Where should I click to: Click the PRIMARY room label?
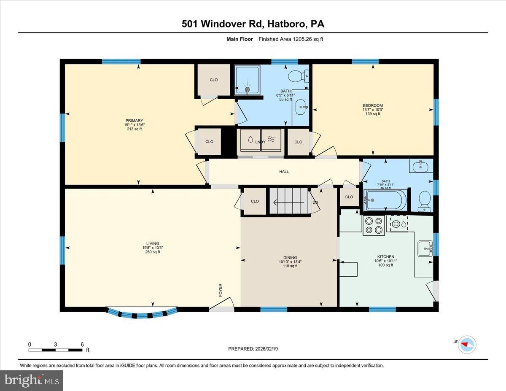[134, 121]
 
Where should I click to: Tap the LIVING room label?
[152, 243]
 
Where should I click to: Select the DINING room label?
[290, 257]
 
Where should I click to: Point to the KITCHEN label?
[385, 256]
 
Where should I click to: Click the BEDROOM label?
[373, 105]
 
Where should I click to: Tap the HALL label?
[284, 172]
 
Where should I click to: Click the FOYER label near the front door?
[220, 290]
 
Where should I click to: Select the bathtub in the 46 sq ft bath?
[386, 200]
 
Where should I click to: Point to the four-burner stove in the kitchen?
[374, 225]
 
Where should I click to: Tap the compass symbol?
[467, 344]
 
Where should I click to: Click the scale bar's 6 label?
[82, 344]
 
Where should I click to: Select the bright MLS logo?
[32, 380]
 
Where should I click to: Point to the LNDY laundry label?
[260, 142]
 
